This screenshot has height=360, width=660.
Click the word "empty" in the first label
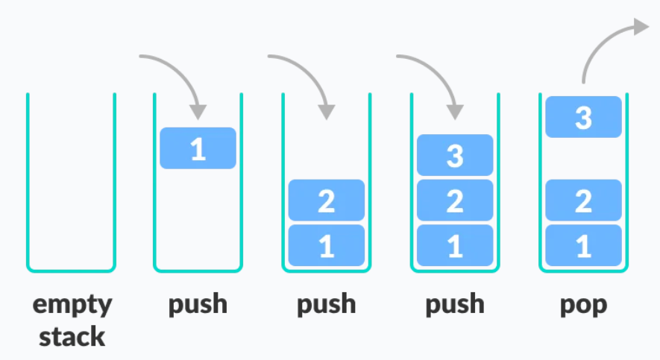point(72,305)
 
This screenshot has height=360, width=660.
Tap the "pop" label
point(583,305)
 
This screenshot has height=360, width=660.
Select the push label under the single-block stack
point(198,305)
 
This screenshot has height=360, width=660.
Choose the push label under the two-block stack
point(326,305)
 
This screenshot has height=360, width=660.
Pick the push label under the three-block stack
point(454,305)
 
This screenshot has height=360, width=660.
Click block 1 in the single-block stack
point(198,148)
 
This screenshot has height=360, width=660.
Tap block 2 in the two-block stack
point(326,201)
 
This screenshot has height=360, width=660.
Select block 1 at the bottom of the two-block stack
point(326,246)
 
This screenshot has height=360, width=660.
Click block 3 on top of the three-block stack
point(454,156)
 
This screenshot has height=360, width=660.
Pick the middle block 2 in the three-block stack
point(454,201)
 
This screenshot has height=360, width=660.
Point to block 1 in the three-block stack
point(454,246)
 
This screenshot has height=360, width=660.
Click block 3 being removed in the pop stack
point(583,118)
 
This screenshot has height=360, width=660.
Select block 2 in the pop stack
point(583,201)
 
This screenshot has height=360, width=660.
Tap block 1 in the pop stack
point(583,246)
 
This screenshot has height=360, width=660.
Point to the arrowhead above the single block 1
point(198,111)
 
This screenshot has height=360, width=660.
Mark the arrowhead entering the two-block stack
point(326,111)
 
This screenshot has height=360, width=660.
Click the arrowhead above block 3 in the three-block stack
point(454,111)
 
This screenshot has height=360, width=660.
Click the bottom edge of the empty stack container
point(72,270)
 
